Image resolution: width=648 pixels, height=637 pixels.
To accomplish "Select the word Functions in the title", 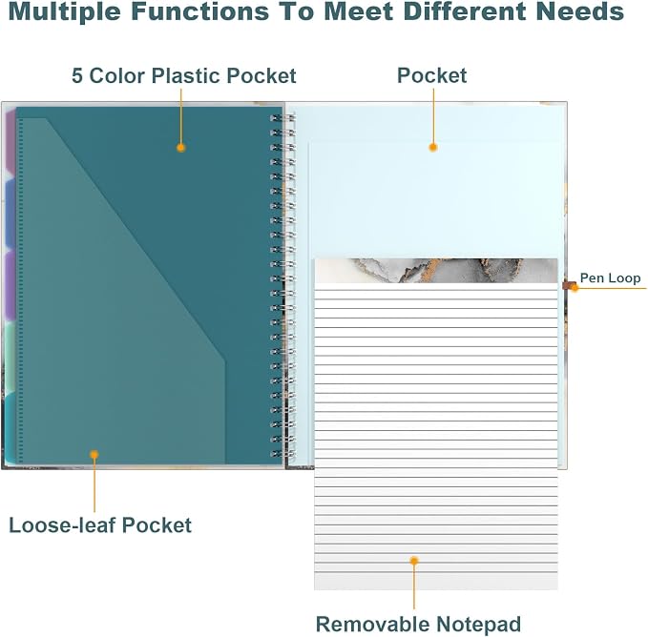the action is click(x=200, y=11).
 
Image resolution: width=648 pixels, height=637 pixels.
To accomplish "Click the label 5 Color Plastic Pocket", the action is click(x=184, y=75).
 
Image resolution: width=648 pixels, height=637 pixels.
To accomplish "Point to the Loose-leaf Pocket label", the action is click(x=100, y=525).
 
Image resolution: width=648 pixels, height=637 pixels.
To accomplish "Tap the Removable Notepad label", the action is click(x=418, y=624).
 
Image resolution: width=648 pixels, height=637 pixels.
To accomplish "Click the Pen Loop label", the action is click(x=611, y=278).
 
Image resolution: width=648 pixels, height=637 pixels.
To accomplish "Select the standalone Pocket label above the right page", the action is click(x=432, y=75).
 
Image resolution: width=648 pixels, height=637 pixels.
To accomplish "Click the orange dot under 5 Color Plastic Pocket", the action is click(x=180, y=148).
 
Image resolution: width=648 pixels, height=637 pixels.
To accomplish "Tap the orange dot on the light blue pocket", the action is click(x=433, y=147).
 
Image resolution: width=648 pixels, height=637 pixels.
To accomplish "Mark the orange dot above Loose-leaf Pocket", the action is click(x=94, y=455).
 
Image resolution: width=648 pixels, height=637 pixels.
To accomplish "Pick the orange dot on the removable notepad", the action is click(x=414, y=560).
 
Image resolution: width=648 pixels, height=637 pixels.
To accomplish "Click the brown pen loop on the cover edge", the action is click(x=569, y=285).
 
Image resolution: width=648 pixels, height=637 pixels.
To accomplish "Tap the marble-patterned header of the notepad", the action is click(x=436, y=271).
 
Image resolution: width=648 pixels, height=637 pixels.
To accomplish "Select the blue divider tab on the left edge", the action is click(x=10, y=214).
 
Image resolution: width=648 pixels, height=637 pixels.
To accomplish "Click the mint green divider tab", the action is click(x=10, y=357).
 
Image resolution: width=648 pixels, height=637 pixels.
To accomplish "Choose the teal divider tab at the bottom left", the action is click(x=11, y=428).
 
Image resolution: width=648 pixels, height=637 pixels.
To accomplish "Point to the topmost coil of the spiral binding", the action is click(x=282, y=118).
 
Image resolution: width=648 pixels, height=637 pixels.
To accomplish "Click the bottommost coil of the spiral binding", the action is click(x=282, y=454).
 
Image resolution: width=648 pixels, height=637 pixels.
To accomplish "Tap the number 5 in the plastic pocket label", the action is click(x=77, y=75).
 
